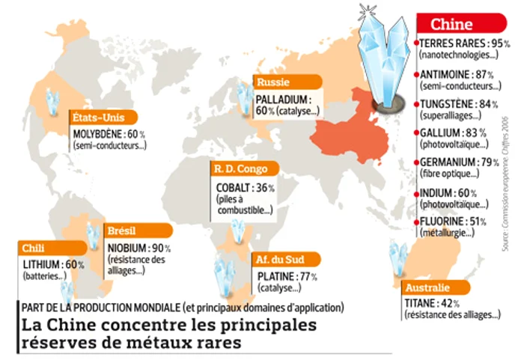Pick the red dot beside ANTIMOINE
[x=417, y=75]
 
